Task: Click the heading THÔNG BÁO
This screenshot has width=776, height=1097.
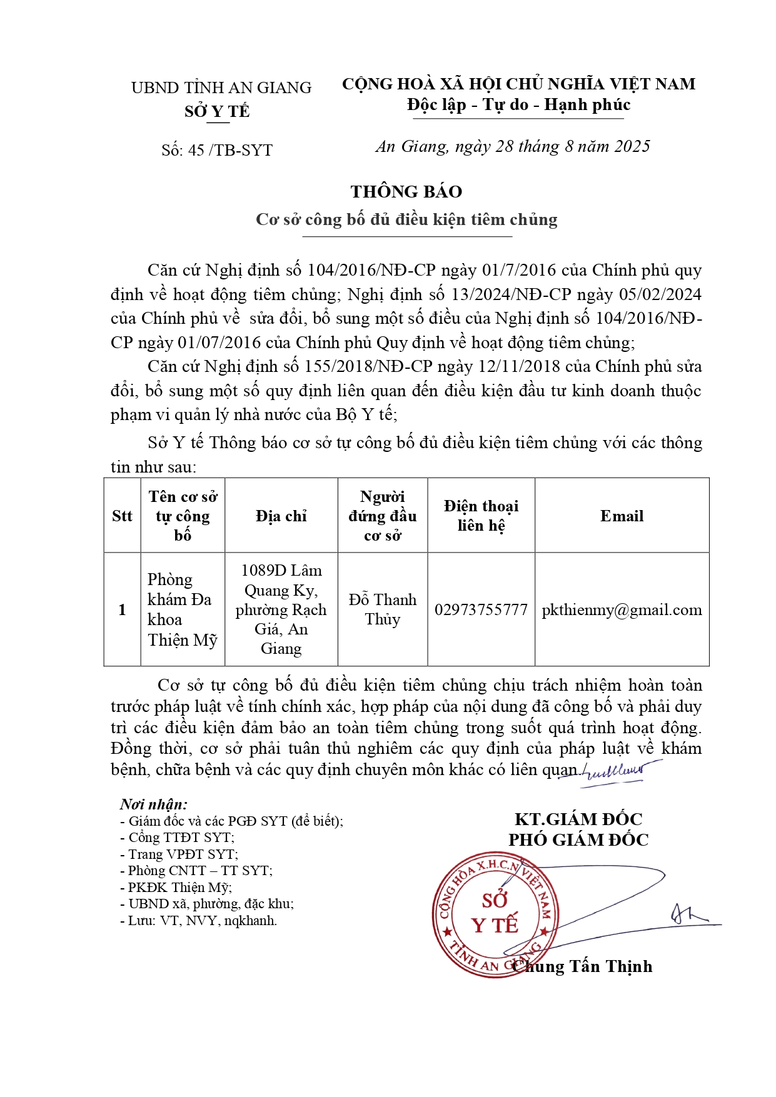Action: [406, 191]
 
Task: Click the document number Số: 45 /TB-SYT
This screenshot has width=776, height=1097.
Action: [217, 150]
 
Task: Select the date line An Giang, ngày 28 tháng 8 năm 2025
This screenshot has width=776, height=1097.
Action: [512, 146]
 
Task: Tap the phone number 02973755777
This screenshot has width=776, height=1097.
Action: [481, 609]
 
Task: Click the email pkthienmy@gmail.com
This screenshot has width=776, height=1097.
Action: [622, 609]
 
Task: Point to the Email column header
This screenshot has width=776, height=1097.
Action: [622, 516]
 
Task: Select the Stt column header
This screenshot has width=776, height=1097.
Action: [122, 516]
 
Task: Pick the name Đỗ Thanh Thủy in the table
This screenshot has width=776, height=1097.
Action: [382, 609]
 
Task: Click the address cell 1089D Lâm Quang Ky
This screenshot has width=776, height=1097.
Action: [281, 609]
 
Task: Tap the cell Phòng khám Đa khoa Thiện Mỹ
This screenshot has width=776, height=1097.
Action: [182, 609]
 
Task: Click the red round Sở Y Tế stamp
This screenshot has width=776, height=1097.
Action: [494, 914]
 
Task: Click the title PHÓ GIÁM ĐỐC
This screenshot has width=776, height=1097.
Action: [578, 839]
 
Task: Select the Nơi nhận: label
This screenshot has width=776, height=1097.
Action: [154, 804]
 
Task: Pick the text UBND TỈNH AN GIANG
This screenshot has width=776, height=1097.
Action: [221, 88]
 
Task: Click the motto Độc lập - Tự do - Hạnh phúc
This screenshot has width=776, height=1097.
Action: [518, 104]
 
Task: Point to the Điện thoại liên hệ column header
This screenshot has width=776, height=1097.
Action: [481, 516]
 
